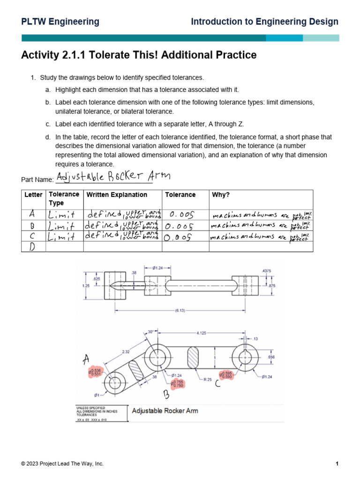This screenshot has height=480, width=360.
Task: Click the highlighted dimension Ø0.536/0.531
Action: point(95,372)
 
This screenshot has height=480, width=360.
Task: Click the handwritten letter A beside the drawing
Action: point(86,360)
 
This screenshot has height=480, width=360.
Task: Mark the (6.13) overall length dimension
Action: point(179,310)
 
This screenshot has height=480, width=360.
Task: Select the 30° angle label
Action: point(151,331)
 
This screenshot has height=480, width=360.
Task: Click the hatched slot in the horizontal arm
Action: point(194,358)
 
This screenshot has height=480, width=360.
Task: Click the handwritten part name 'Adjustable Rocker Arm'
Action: point(113,177)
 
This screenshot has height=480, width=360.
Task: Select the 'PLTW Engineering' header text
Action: point(60,22)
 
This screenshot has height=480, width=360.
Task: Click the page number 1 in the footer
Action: point(337,464)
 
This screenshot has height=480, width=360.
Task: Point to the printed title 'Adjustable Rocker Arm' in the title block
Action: point(165,411)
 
